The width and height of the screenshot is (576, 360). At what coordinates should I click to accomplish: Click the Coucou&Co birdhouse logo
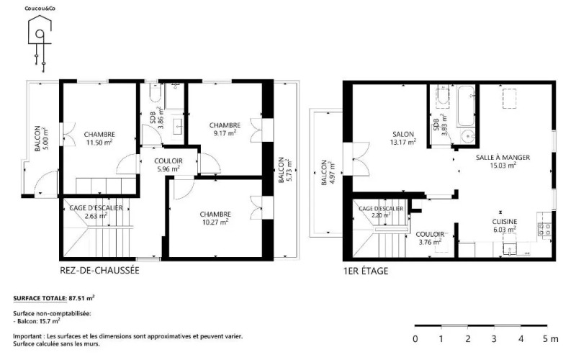click(x=40, y=40)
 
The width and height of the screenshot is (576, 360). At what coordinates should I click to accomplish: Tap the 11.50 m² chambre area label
click(x=99, y=143)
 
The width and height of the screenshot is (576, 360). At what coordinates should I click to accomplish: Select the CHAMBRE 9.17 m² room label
click(x=225, y=130)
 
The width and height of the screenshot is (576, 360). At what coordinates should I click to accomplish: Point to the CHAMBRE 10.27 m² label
click(x=215, y=218)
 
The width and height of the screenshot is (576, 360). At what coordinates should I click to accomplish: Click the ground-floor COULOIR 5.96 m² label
click(x=168, y=165)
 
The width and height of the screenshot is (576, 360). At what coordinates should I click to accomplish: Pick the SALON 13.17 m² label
click(x=403, y=138)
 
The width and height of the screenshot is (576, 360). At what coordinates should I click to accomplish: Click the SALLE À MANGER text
click(x=503, y=157)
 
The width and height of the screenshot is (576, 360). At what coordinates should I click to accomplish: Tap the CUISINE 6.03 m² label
click(x=505, y=225)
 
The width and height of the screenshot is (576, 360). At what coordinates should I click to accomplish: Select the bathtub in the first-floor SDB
click(x=466, y=107)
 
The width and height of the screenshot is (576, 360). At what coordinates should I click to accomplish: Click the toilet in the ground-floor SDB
click(x=156, y=94)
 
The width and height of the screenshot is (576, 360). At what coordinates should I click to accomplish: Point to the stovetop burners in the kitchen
click(x=544, y=229)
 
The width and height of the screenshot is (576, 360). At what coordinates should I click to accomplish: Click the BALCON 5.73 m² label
click(x=284, y=169)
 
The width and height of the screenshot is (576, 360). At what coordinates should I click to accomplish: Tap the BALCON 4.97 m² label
click(x=328, y=172)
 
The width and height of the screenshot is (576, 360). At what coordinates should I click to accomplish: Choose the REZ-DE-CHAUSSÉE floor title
click(x=99, y=271)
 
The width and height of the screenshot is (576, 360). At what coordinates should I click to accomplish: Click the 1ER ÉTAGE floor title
click(x=366, y=271)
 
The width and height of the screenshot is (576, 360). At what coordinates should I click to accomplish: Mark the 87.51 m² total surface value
click(x=81, y=298)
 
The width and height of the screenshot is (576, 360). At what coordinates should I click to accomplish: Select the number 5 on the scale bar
click(x=545, y=338)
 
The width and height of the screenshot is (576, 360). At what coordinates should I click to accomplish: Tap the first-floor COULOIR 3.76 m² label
click(x=430, y=238)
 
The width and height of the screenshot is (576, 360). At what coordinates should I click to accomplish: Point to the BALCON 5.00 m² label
click(x=41, y=138)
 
